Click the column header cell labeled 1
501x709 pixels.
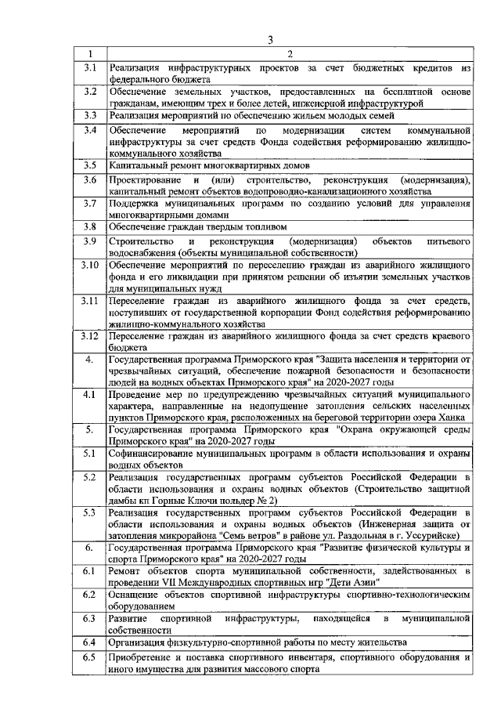(90, 54)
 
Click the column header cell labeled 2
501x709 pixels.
(289, 54)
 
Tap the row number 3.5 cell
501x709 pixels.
(90, 166)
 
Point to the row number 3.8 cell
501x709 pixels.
(90, 226)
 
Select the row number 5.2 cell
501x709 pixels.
(90, 476)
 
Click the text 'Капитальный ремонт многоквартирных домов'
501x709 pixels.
(209, 166)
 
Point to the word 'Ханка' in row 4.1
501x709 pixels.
(453, 418)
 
